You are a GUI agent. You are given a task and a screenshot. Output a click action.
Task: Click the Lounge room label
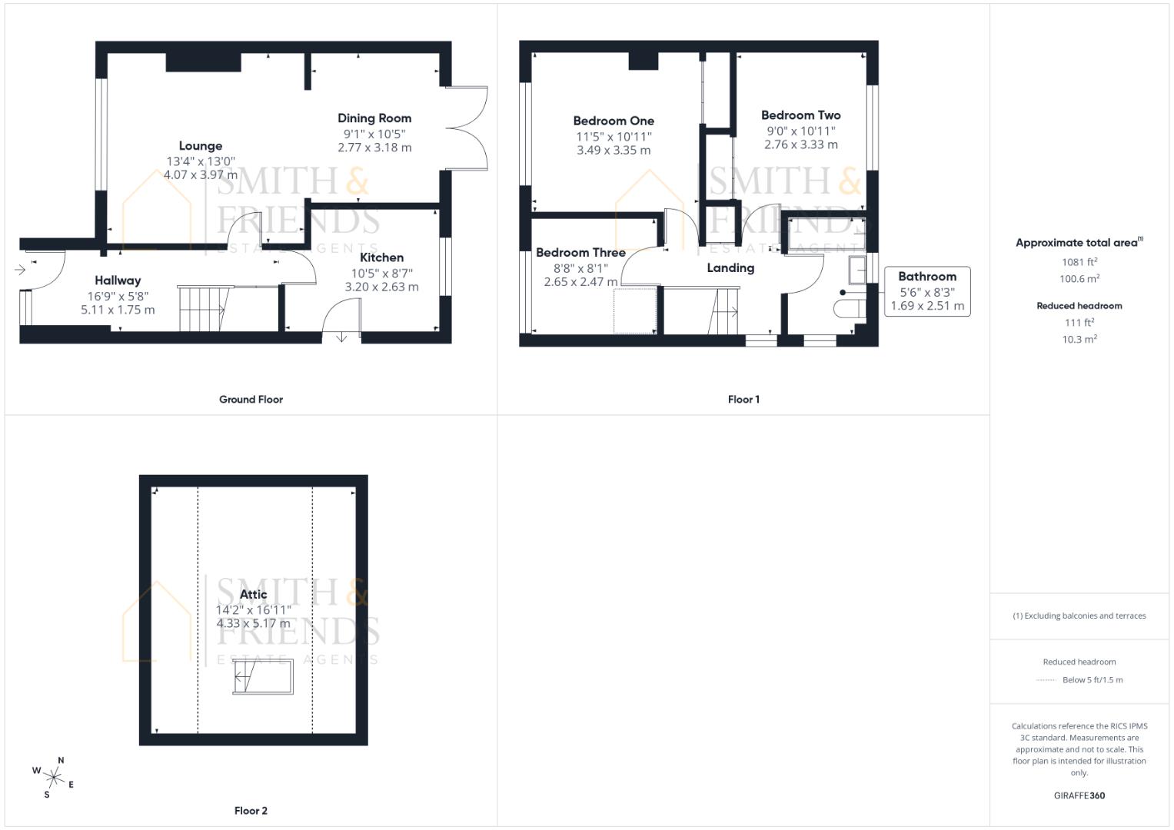point(201,146)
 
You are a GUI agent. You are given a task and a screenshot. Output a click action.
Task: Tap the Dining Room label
point(374,118)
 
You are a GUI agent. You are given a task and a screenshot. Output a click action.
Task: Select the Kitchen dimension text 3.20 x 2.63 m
point(381,287)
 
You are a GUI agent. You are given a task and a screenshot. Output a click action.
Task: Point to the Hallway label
point(118,281)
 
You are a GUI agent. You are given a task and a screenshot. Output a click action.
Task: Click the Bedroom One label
point(614,121)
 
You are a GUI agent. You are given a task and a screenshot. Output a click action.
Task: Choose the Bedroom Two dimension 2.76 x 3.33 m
point(801,144)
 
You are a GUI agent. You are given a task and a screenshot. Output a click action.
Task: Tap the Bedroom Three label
point(580,253)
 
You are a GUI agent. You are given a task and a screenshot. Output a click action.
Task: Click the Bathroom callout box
point(927,291)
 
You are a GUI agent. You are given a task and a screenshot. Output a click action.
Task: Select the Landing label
point(730,267)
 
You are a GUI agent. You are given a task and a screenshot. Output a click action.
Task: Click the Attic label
point(253,594)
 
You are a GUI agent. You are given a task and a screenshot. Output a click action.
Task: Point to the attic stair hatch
point(263,676)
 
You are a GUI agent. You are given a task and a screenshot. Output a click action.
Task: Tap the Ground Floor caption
point(251,400)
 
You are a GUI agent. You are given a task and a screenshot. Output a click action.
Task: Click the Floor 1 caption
point(743,400)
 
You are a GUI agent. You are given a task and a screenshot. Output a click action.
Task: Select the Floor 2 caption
point(251,811)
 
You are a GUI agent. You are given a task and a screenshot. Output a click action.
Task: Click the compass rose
point(54,778)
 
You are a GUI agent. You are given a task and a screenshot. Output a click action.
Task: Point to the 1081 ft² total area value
point(1079,262)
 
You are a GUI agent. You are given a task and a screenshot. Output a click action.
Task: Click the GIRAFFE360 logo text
point(1079,795)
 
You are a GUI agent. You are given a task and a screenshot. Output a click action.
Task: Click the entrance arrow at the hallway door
point(20,270)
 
